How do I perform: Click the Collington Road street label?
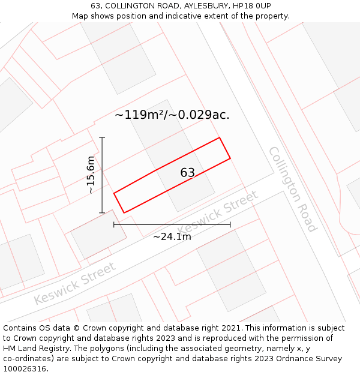[x=292, y=189]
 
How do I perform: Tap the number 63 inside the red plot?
[x=187, y=173]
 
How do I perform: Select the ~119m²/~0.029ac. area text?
[x=172, y=115]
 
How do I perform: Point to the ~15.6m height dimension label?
[x=91, y=175]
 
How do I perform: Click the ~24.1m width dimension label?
[x=172, y=236]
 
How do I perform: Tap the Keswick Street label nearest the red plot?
[x=218, y=212]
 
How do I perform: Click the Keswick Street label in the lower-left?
[x=74, y=283]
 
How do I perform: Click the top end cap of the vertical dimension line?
[x=103, y=138]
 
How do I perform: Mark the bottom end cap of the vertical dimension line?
[x=103, y=212]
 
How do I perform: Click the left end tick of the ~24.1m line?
[x=114, y=224]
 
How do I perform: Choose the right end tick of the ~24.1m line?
[x=230, y=224]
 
